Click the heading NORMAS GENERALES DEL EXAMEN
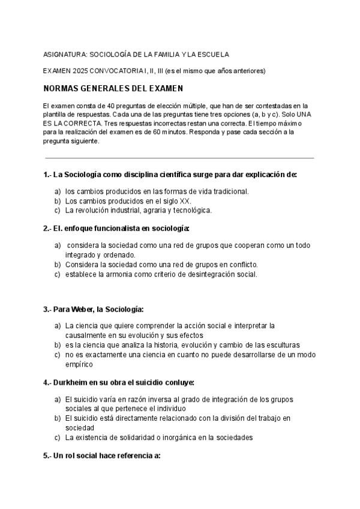tap(113, 89)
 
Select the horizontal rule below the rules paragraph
tap(180, 158)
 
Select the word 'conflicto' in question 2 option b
tap(242, 264)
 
